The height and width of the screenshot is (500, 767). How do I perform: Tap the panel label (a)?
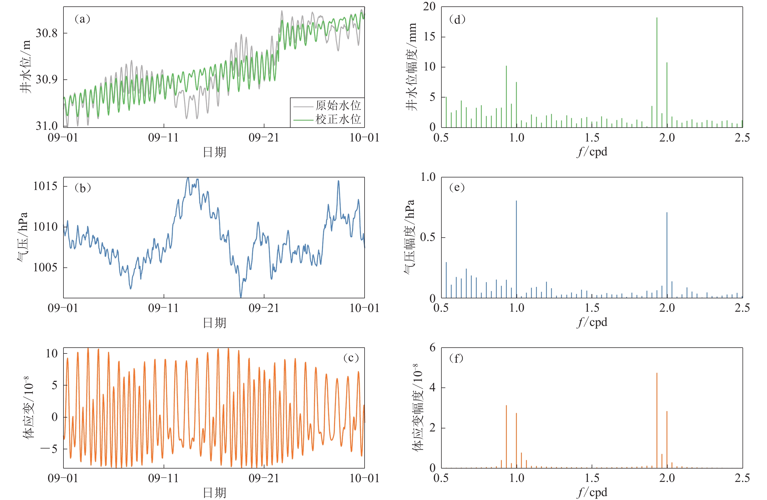(x=82, y=19)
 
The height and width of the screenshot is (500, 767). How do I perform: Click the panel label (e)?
(x=457, y=187)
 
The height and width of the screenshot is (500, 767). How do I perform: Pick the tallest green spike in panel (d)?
(x=657, y=65)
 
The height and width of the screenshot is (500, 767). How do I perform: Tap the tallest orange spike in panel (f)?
(x=657, y=419)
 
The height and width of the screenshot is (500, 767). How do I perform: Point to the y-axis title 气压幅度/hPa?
(x=409, y=237)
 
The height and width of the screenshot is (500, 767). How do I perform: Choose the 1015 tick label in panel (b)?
(x=45, y=186)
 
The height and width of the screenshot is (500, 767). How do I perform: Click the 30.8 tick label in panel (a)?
(x=47, y=33)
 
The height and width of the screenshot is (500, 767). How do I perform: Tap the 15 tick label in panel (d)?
(x=430, y=37)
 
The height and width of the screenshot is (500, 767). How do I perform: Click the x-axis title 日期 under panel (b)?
(x=214, y=323)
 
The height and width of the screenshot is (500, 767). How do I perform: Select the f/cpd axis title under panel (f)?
(x=592, y=492)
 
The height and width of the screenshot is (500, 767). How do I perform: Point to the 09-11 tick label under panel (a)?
(x=163, y=138)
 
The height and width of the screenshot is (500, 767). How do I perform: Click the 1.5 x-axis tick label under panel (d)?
(x=592, y=138)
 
